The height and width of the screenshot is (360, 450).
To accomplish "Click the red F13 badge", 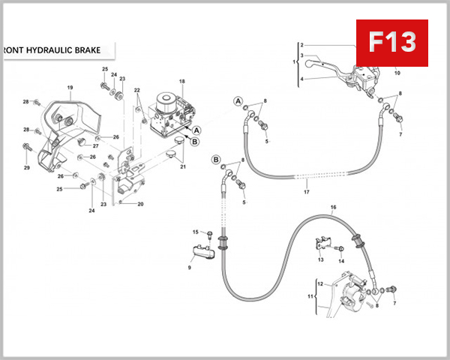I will pyautogui.click(x=391, y=43).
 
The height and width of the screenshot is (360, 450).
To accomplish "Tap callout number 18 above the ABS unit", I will pyautogui.click(x=181, y=81).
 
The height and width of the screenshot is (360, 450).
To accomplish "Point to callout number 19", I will pyautogui.click(x=70, y=88).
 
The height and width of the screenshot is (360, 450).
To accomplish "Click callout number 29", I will pyautogui.click(x=26, y=167).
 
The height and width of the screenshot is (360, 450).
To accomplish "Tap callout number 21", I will pyautogui.click(x=182, y=166).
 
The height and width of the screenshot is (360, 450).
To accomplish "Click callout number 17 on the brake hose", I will pyautogui.click(x=306, y=192).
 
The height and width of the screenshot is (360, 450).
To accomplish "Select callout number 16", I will pyautogui.click(x=333, y=206).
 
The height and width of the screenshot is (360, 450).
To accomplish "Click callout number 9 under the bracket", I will pyautogui.click(x=190, y=268).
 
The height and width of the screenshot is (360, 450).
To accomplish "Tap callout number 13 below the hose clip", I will pyautogui.click(x=320, y=259).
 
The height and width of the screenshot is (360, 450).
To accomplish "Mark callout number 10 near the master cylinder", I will pyautogui.click(x=397, y=73).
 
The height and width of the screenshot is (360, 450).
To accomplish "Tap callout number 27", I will pyautogui.click(x=96, y=145).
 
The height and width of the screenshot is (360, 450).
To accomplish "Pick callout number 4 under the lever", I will pyautogui.click(x=301, y=79).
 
